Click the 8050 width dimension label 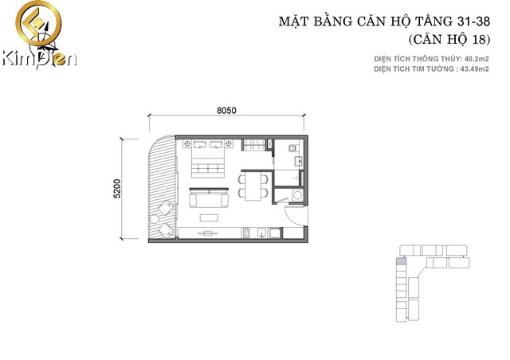point(226,111)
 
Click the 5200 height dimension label point(117,189)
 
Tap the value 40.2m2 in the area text point(477,59)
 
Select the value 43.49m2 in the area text point(477,69)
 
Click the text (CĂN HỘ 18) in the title point(449,40)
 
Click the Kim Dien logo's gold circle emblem point(38,23)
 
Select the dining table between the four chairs point(253,186)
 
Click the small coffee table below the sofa point(209,217)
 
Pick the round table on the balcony point(154,219)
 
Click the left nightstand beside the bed point(187,143)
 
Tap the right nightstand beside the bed point(229,143)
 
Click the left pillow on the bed point(199,144)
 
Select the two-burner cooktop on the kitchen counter point(246,233)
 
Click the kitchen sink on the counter point(261,233)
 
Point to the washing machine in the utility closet point(297,196)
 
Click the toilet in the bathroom point(292,148)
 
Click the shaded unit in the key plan point(401,260)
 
